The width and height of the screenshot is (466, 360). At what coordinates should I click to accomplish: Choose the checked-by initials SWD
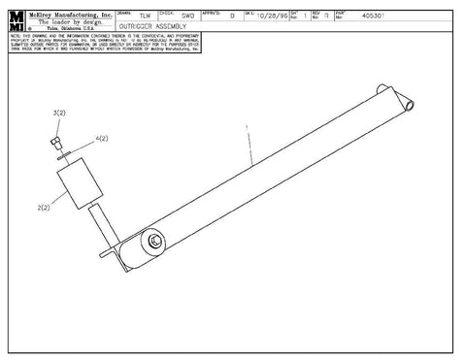coord(187,16)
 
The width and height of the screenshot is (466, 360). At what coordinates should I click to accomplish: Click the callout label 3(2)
coord(58,114)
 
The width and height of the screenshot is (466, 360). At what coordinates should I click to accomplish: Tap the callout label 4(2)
coord(102,139)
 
